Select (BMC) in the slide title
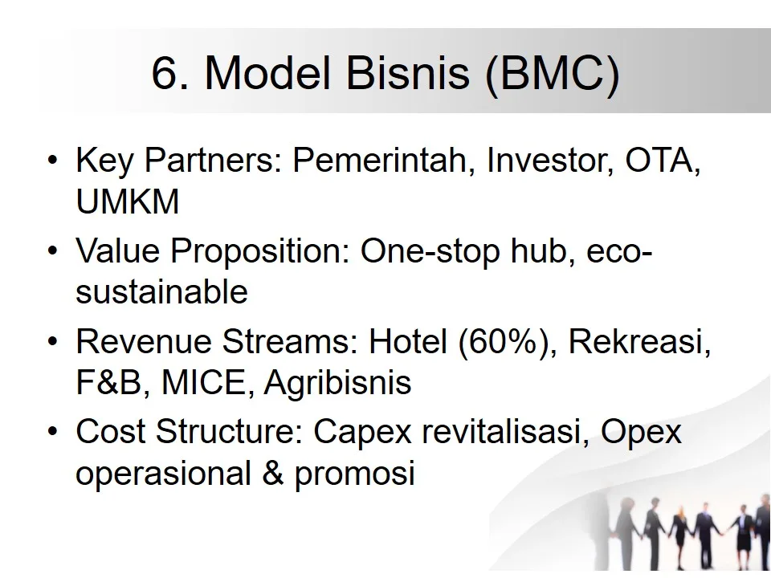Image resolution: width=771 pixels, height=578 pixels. [553, 75]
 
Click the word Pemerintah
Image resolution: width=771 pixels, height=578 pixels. [379, 161]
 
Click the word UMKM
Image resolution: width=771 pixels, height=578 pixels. [127, 202]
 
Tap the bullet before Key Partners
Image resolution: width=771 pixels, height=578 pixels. [53, 161]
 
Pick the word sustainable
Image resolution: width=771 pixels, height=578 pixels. [161, 292]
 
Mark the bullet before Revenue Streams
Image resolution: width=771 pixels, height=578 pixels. [53, 343]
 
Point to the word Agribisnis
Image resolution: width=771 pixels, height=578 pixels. [337, 384]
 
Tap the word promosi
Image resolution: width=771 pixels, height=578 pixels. [354, 474]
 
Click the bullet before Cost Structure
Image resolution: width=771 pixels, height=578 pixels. [53, 433]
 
